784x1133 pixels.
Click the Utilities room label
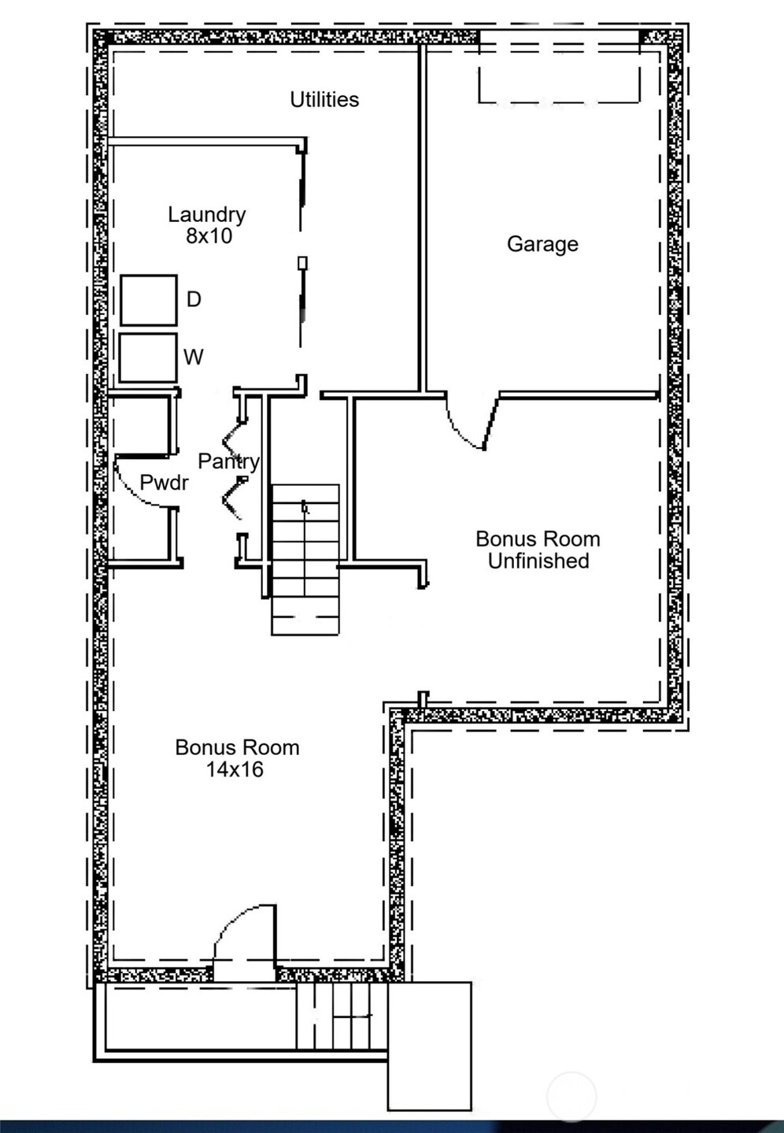point(324,100)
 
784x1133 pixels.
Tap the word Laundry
point(207,214)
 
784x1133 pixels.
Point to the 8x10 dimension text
point(209,236)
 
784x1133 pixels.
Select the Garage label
point(542,244)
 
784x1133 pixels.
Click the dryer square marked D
point(148,300)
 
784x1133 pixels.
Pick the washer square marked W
point(147,357)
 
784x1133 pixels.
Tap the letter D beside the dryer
point(194,299)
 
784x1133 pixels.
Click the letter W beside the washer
point(194,357)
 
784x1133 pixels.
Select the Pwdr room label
point(164,483)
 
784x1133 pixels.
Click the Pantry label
point(228,461)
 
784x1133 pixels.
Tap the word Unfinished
point(538,561)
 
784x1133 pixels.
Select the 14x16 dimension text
point(235,769)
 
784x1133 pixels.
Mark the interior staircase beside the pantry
point(305,559)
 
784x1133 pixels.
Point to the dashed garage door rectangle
point(559,75)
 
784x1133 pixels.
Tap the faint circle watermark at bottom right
point(572,1096)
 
